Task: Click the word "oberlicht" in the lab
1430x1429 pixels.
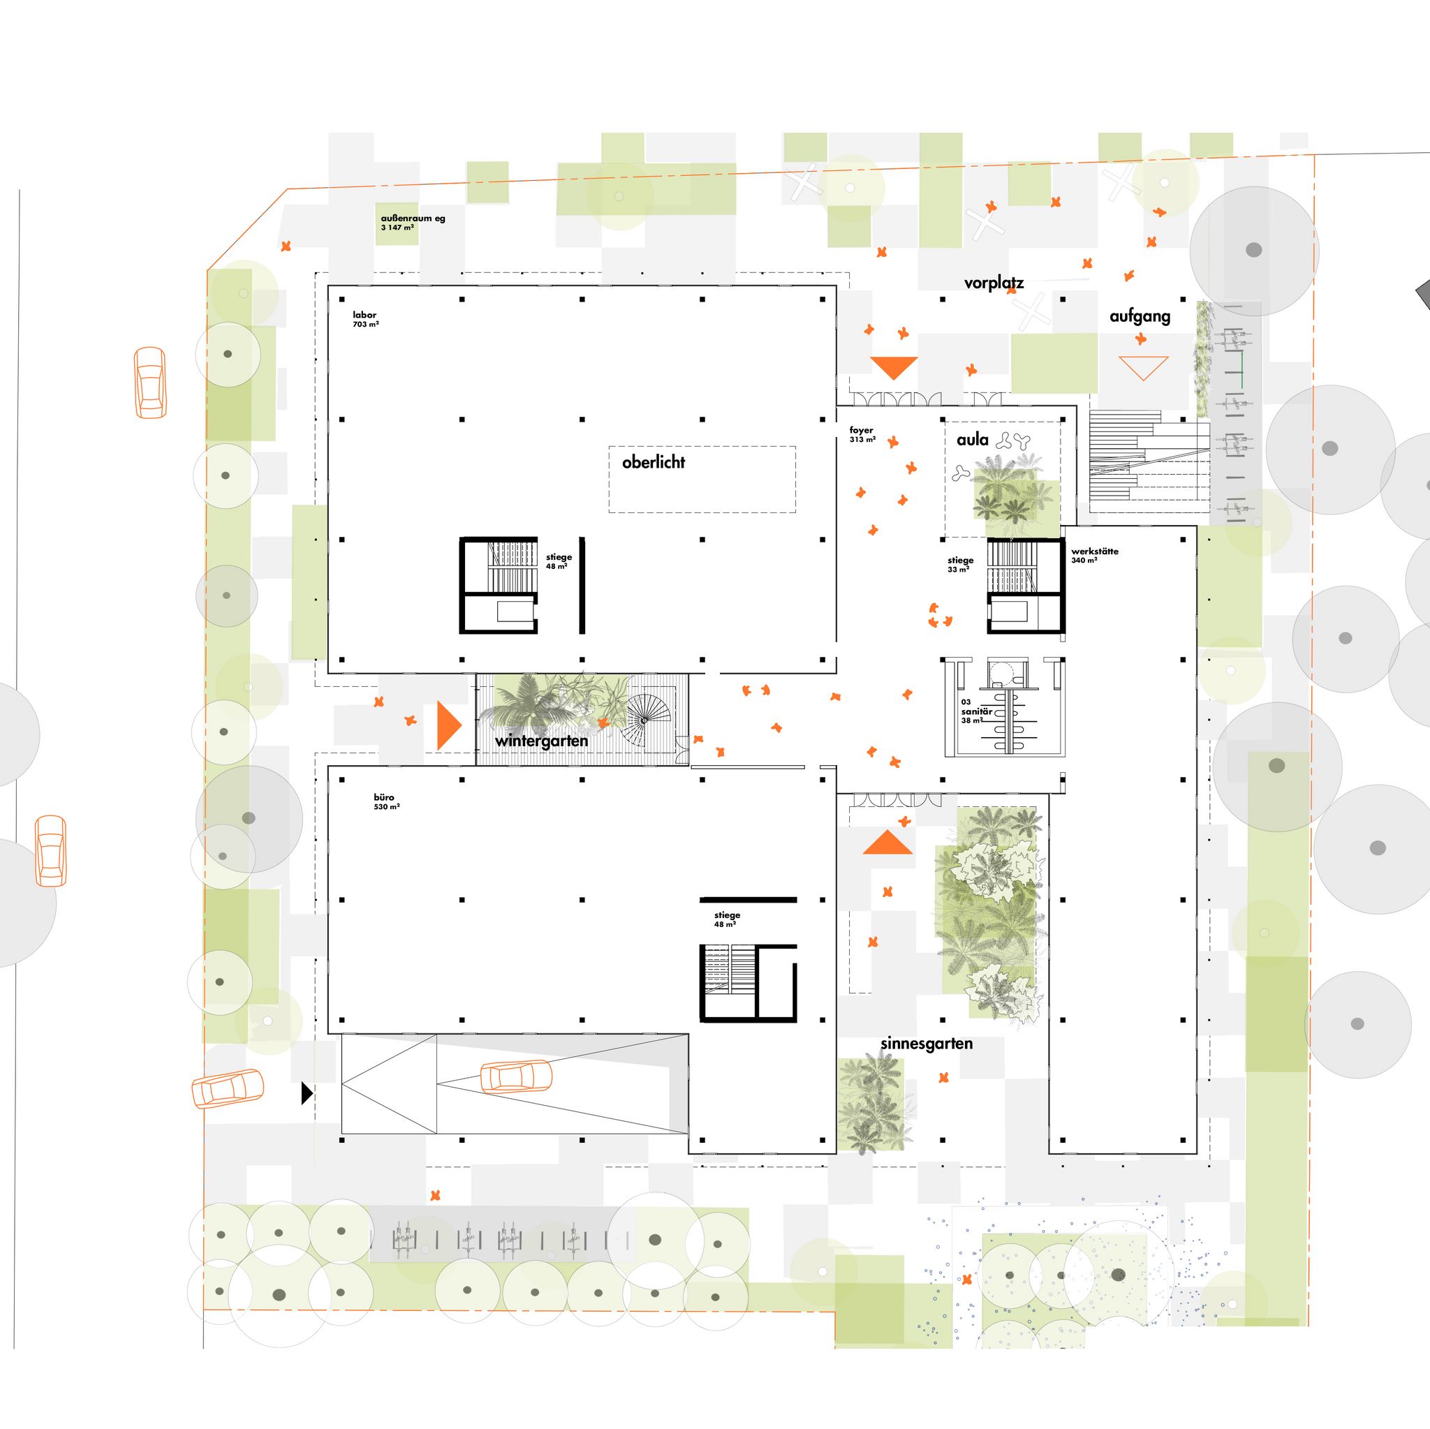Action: point(654,463)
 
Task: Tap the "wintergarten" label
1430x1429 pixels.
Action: point(542,741)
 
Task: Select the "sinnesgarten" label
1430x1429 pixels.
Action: point(927,1044)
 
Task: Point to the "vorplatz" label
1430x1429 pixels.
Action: point(994,283)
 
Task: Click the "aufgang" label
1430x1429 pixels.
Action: point(1140,317)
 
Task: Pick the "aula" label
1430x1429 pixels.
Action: point(973,440)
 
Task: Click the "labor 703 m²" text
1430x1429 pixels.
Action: point(366,320)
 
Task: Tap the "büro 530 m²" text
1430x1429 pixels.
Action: point(387,802)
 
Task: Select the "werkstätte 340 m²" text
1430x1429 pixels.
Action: point(1095,556)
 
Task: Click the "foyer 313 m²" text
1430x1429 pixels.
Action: point(862,434)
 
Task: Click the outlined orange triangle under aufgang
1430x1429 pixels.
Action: point(1144,367)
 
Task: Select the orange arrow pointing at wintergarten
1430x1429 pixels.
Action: point(448,725)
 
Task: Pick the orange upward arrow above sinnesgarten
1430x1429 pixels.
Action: point(887,843)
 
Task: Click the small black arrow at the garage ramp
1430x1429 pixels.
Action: point(307,1093)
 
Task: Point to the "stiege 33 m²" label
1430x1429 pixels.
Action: point(960,565)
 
